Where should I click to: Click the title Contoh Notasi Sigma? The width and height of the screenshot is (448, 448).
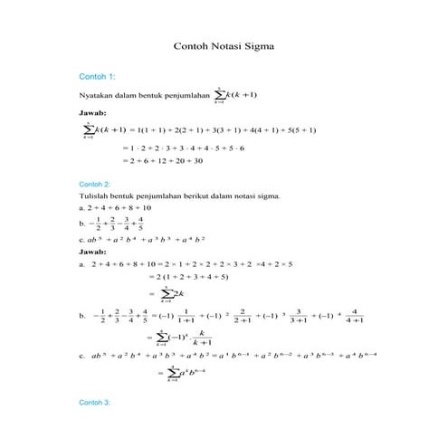pyautogui.click(x=223, y=43)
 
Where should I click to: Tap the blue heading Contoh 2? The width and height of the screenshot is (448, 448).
pyautogui.click(x=96, y=184)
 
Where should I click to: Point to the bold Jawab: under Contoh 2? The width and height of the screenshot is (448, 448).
pyautogui.click(x=93, y=251)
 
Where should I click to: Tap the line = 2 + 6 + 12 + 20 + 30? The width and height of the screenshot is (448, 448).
pyautogui.click(x=168, y=160)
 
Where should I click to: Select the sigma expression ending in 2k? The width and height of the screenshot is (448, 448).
pyautogui.click(x=171, y=293)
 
